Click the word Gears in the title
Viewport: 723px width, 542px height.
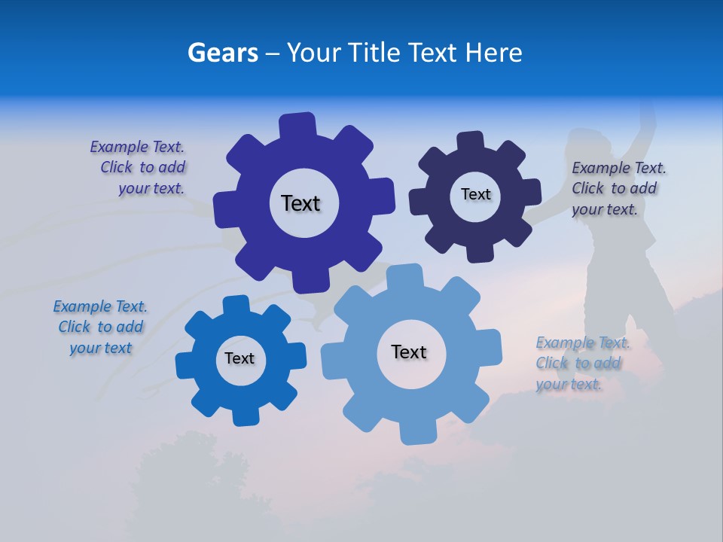tap(223, 53)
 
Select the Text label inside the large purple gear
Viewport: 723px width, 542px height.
tap(300, 203)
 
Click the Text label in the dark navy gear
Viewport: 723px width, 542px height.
tap(475, 194)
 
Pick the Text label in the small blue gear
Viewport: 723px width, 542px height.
tap(239, 358)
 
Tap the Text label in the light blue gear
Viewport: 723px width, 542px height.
tap(409, 352)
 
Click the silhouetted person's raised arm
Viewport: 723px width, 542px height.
tap(646, 124)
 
